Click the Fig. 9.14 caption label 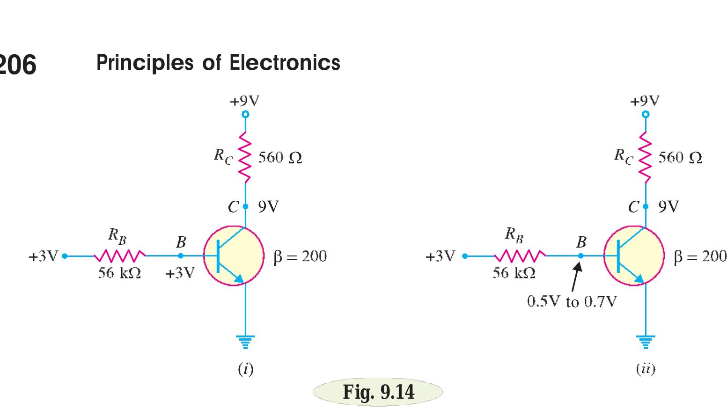[x=378, y=392]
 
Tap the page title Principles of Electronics [x=218, y=63]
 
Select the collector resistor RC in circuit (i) [x=245, y=157]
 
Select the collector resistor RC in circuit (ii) [x=646, y=157]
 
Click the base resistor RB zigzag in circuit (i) [x=120, y=256]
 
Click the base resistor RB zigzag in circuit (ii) [x=520, y=256]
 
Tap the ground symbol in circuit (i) [x=245, y=342]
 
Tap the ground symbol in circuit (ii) [x=646, y=342]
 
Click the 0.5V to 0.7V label [x=572, y=302]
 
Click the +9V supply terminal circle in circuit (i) [x=245, y=114]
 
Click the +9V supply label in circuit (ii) [x=645, y=101]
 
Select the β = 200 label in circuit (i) [x=300, y=256]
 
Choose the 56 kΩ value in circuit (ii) [x=514, y=273]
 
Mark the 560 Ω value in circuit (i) [x=280, y=158]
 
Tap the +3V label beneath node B [x=179, y=273]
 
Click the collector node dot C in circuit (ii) [x=646, y=206]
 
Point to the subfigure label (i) [x=245, y=370]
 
